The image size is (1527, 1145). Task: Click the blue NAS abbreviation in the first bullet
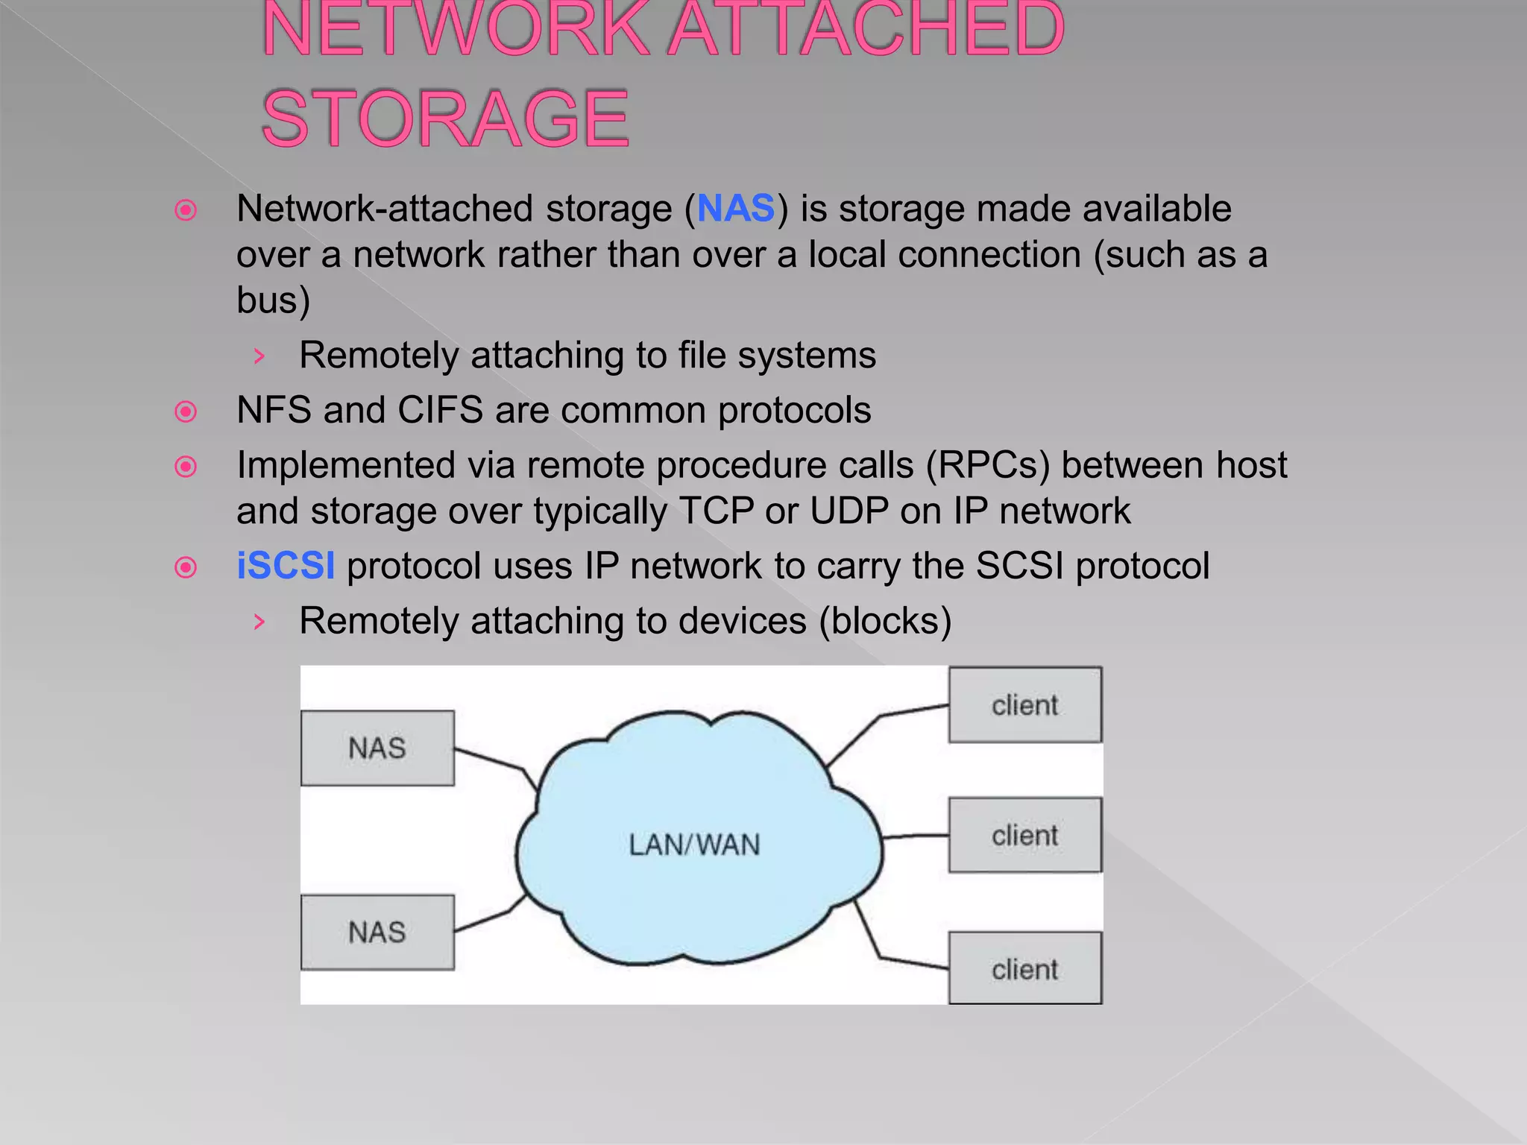click(x=735, y=209)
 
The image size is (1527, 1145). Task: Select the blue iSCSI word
click(x=286, y=566)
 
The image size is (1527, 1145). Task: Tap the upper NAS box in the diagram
click(x=377, y=748)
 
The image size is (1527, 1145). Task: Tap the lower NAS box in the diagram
click(x=377, y=932)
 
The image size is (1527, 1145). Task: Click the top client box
click(x=1024, y=704)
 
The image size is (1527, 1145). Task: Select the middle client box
click(x=1024, y=835)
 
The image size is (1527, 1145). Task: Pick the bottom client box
click(x=1024, y=968)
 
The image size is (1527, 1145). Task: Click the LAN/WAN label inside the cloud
click(x=694, y=845)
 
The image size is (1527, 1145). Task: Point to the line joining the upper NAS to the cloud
click(x=492, y=760)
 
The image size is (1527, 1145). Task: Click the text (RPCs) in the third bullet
click(x=987, y=466)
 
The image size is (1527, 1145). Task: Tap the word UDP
click(x=849, y=511)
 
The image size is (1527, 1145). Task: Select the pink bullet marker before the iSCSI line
click(x=186, y=567)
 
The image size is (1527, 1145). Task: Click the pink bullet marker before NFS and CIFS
click(x=186, y=411)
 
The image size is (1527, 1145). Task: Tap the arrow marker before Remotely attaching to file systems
click(x=259, y=356)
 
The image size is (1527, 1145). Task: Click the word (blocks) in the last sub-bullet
click(x=885, y=621)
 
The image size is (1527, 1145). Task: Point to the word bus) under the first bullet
click(x=273, y=300)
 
